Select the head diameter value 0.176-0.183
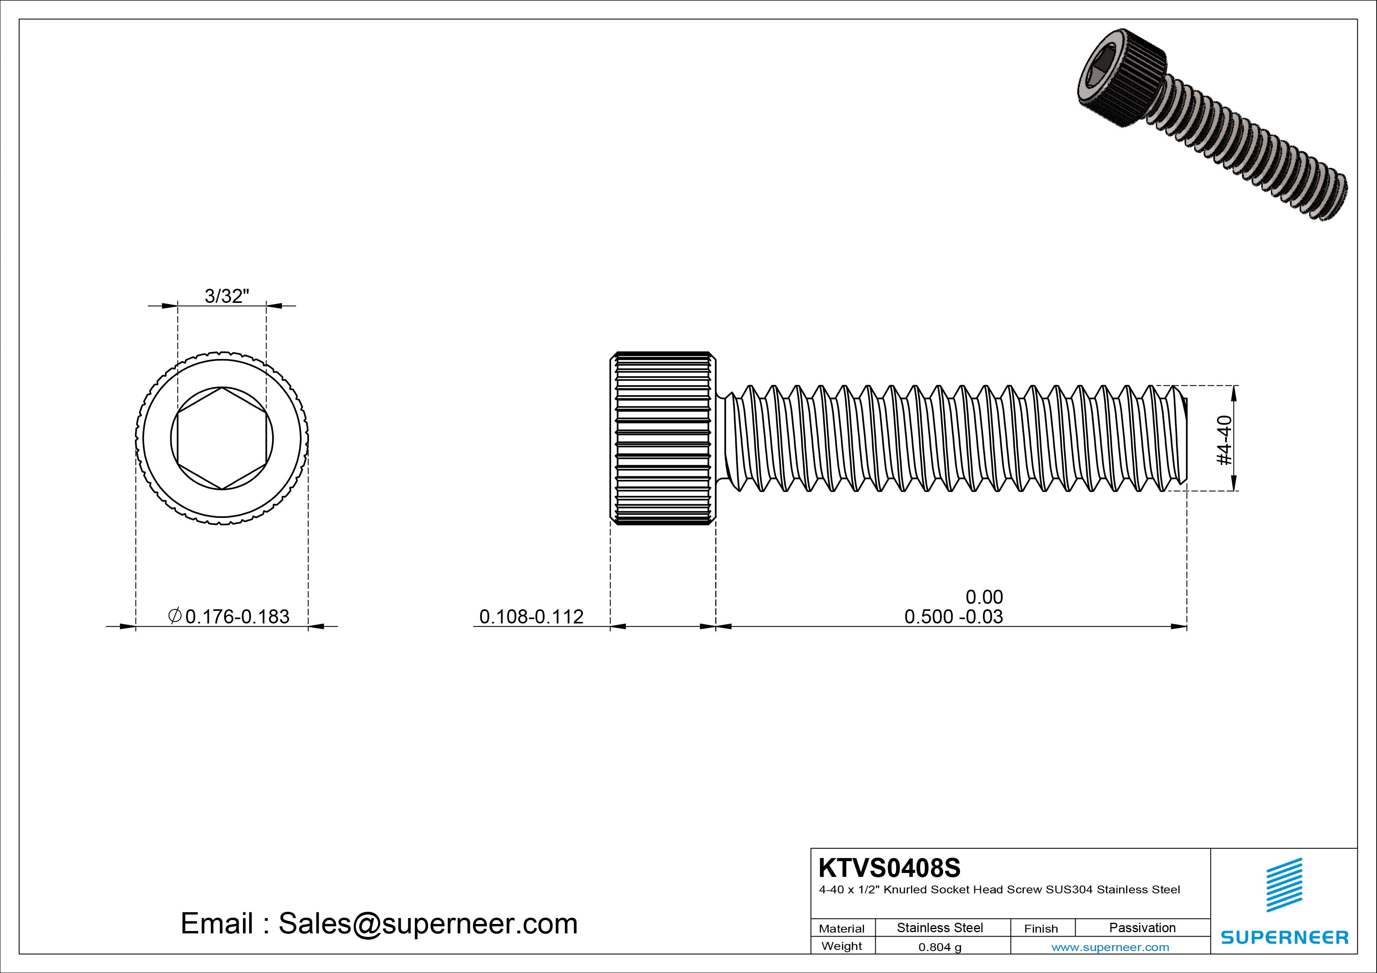(237, 616)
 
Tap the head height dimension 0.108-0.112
(531, 616)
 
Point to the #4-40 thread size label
(1224, 440)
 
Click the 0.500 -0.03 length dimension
(953, 616)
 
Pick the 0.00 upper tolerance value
(984, 597)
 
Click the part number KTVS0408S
(889, 867)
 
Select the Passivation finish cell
(1142, 927)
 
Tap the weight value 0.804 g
(940, 947)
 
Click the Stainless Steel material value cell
(940, 927)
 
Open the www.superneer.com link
(1110, 947)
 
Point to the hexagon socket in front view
(223, 438)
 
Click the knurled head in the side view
(663, 438)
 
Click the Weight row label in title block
(842, 946)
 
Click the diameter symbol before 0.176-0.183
(175, 615)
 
